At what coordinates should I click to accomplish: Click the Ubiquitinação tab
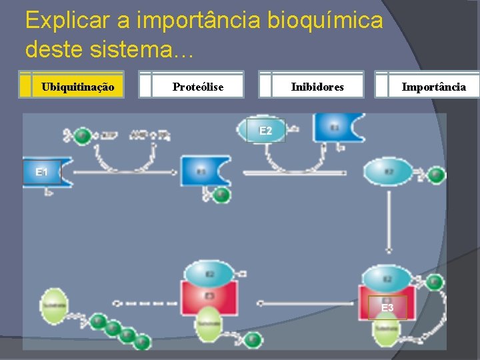[78, 86]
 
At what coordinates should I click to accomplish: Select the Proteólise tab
[197, 86]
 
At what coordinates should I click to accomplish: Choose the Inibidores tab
[317, 86]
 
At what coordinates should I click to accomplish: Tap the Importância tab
[433, 86]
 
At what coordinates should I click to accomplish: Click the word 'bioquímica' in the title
[325, 21]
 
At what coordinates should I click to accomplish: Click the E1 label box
[41, 172]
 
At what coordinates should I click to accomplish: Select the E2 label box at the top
[265, 131]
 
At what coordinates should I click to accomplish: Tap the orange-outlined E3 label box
[387, 308]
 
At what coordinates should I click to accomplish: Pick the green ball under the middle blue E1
[221, 195]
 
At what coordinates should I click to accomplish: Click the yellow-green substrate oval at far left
[53, 305]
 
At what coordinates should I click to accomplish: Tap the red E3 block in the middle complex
[209, 295]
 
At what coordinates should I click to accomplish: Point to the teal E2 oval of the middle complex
[209, 273]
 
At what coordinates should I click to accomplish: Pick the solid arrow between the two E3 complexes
[300, 303]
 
